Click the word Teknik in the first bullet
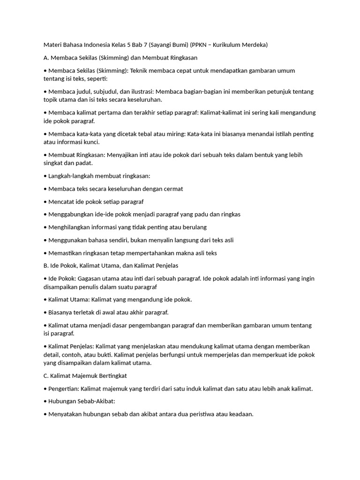pyautogui.click(x=139, y=71)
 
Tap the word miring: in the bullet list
pyautogui.click(x=174, y=134)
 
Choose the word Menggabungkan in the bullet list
pyautogui.click(x=69, y=214)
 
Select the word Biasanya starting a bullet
pyautogui.click(x=61, y=312)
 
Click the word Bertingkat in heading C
pyautogui.click(x=110, y=376)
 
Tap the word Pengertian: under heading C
pyautogui.click(x=64, y=389)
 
